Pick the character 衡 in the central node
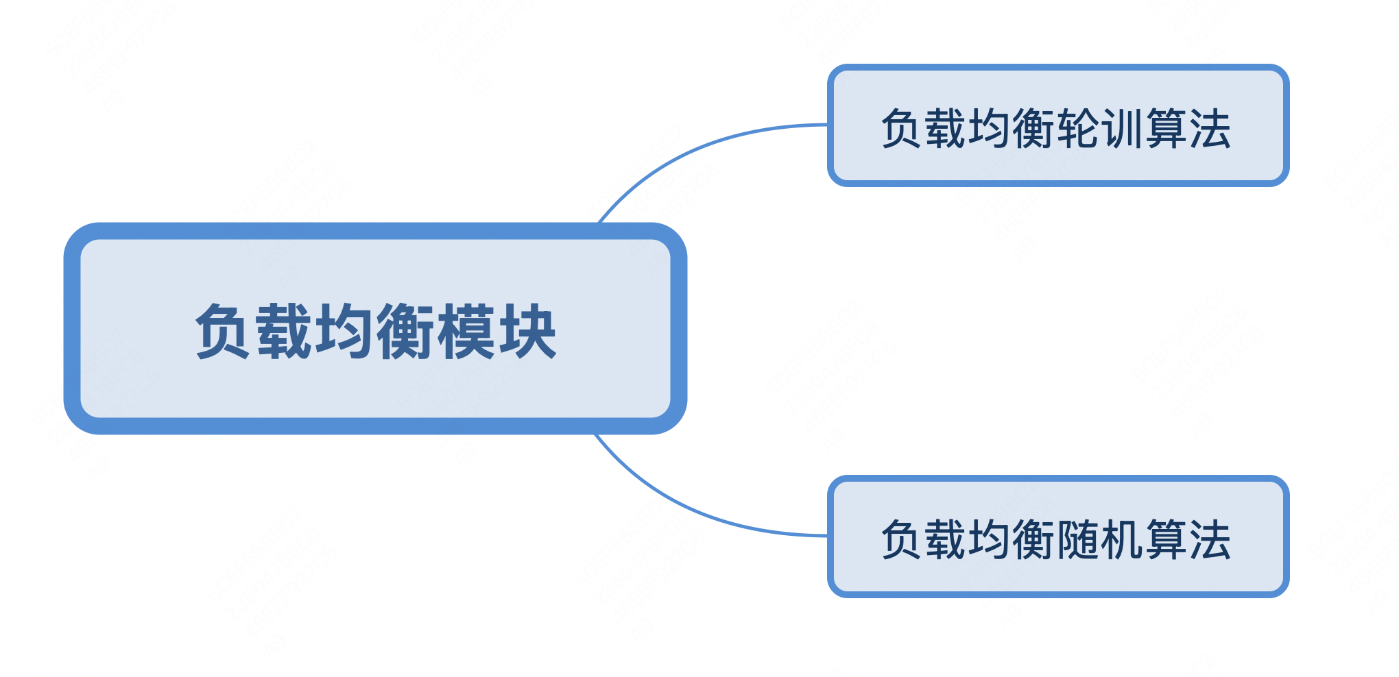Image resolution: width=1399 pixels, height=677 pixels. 405,332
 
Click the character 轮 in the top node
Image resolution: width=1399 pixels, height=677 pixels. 1079,128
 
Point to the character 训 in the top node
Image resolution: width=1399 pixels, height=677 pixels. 1123,128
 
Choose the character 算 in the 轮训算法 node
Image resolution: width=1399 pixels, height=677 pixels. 1167,128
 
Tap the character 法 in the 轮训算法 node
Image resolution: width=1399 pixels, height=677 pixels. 1210,128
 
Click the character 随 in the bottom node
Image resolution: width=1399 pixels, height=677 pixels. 1079,539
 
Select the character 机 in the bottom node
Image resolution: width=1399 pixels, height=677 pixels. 1123,539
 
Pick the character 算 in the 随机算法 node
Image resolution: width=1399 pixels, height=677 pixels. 1167,539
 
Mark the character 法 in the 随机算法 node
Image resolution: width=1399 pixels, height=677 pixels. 1210,539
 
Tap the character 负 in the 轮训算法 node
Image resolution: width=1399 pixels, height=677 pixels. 902,128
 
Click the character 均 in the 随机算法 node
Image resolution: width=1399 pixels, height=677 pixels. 990,539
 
